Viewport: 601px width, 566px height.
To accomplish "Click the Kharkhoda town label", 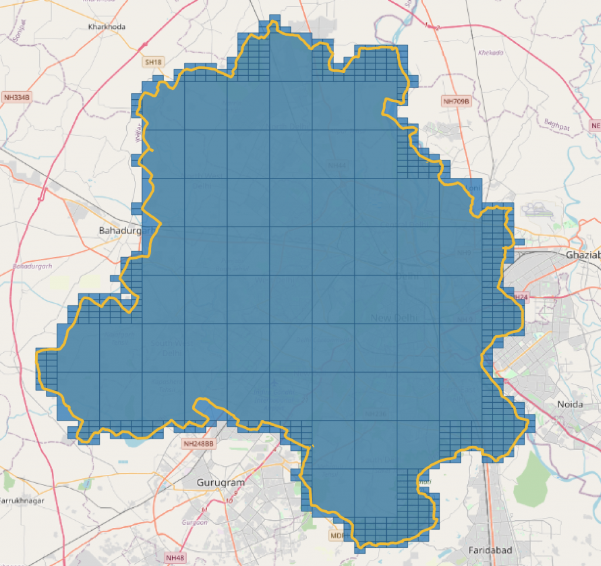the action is [106, 27].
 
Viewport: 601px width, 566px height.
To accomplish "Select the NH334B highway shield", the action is [16, 97].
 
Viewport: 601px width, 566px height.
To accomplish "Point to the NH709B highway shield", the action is [456, 102].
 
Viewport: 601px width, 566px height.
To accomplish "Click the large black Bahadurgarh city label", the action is [127, 231].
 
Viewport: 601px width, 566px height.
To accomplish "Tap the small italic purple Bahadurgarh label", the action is [32, 267].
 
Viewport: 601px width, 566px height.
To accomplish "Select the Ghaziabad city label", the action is [583, 255].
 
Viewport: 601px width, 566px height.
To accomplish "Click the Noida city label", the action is [569, 405].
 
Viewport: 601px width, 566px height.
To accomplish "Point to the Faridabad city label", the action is [490, 550].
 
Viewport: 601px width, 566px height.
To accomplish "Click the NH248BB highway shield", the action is [197, 443].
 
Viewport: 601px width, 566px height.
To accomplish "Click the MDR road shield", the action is [337, 535].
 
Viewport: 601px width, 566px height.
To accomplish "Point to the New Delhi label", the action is [394, 318].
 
